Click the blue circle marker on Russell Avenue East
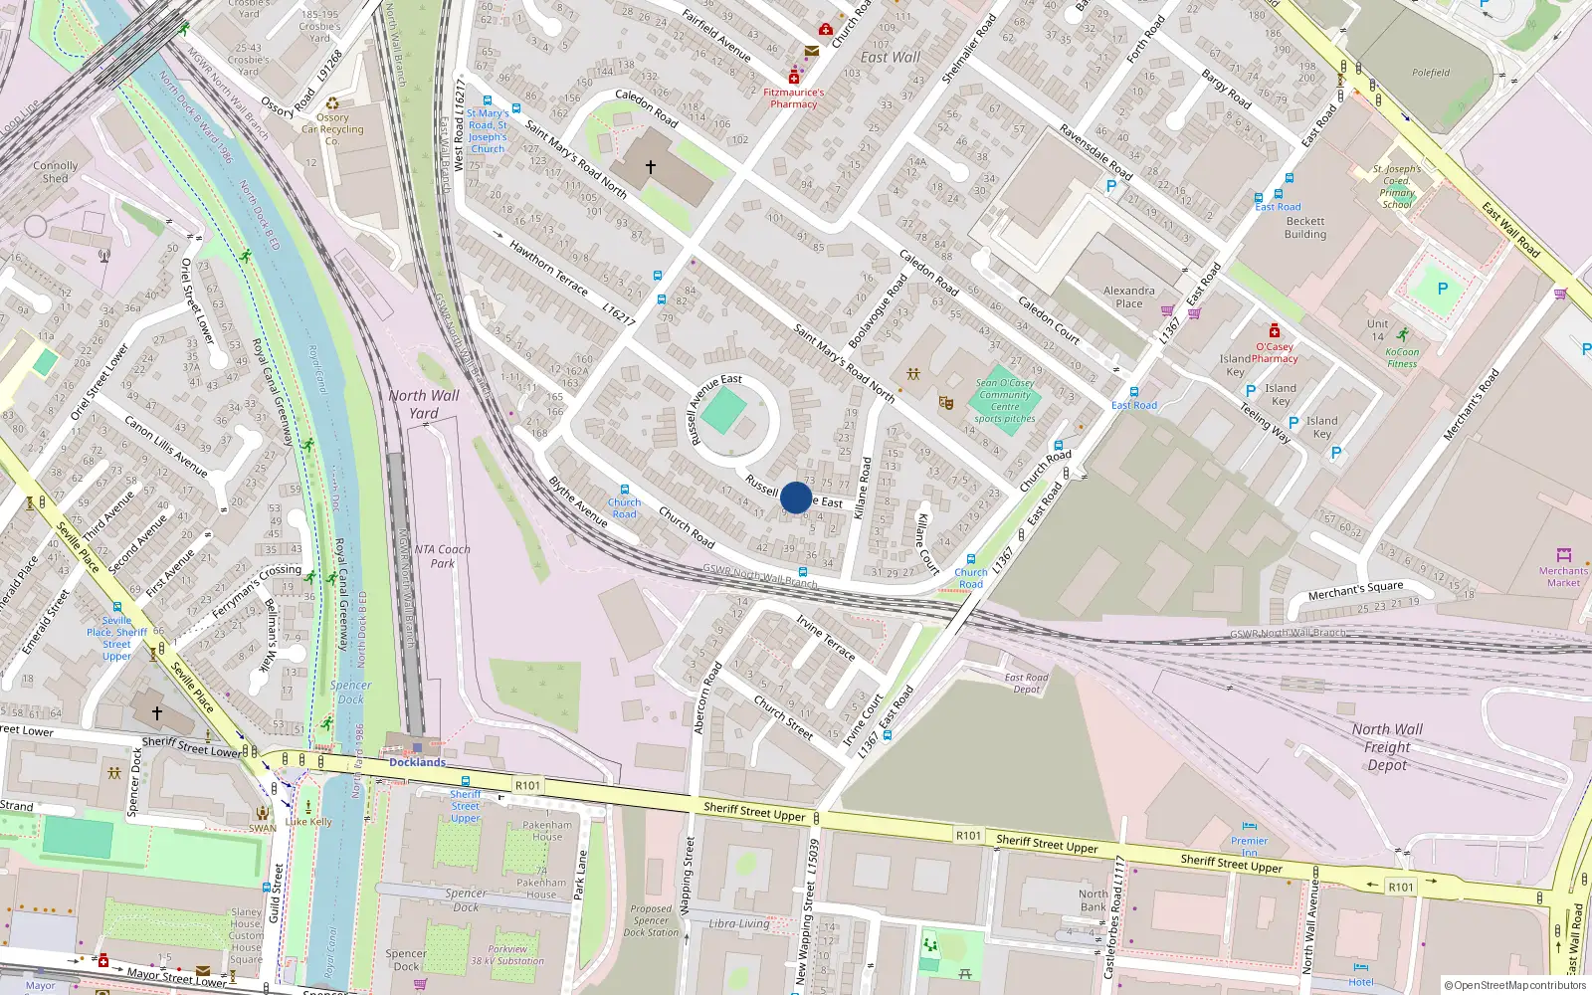(796, 497)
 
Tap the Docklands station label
(417, 762)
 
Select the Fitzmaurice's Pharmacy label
(793, 98)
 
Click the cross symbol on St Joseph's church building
(651, 167)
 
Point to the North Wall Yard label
(424, 404)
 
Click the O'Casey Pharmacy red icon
(1274, 331)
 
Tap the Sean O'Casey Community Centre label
(1005, 400)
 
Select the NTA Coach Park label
(442, 556)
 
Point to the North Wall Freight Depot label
(1387, 746)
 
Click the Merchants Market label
(1563, 576)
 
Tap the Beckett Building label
(1304, 228)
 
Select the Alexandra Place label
(1128, 297)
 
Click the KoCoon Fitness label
(1402, 357)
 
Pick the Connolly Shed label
(55, 172)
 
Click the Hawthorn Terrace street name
(548, 267)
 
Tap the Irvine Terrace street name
(825, 637)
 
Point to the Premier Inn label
(1249, 847)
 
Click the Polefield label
(1431, 73)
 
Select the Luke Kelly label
(308, 822)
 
